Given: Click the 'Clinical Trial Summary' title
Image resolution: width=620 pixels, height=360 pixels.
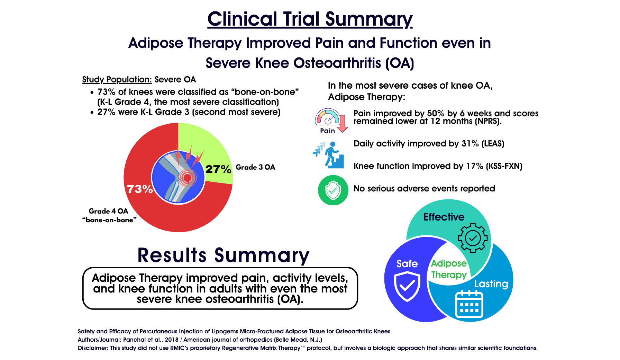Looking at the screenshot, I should coord(310,19).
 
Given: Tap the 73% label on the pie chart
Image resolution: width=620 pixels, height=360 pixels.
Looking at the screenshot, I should coord(140,189).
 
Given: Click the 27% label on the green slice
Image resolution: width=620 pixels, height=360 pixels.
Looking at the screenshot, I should coord(218,169).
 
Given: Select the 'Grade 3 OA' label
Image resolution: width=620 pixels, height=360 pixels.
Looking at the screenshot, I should coord(255,167).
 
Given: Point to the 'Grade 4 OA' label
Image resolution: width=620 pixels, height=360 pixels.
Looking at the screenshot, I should coord(108,211).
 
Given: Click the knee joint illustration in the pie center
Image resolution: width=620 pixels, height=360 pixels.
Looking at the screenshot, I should coord(178,177).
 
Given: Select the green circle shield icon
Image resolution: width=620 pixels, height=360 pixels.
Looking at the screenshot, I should coord(333,190).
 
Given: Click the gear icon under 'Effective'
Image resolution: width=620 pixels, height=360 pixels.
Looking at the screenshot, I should coord(473,238).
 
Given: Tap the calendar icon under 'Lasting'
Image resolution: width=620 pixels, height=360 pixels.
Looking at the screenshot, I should coord(469,304).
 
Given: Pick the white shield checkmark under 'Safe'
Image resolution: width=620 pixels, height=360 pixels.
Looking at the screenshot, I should coord(407,286).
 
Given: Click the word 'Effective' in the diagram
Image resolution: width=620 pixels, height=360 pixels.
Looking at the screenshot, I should coord(444,217).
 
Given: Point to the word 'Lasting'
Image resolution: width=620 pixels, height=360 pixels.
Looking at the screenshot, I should coord(491,284).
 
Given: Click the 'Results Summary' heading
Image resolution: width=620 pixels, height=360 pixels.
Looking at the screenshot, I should coord(223,255).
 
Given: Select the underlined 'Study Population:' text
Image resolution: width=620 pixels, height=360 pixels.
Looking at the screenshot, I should coord(117,80).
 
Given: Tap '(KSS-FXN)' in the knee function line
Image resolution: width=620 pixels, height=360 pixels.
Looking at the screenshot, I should coord(504,166).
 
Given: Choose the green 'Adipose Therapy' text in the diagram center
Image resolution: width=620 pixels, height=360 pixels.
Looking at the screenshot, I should coord(449,269).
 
